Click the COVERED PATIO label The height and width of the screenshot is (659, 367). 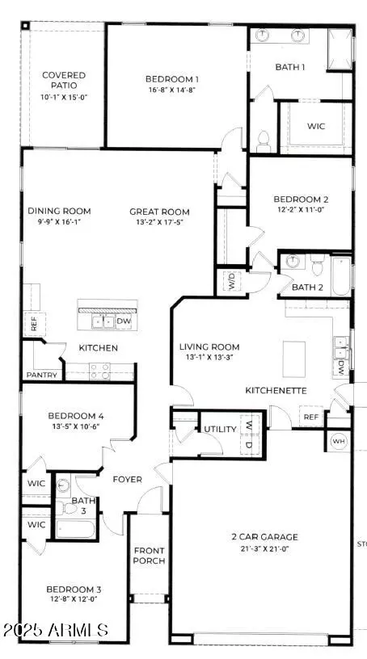click(x=64, y=81)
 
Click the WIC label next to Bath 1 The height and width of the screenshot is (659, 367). click(x=317, y=127)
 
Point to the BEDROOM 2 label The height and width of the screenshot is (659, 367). click(x=300, y=199)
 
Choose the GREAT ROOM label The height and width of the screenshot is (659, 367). click(x=160, y=212)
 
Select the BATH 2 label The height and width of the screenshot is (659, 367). click(x=307, y=287)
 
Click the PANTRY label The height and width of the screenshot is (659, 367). click(x=40, y=375)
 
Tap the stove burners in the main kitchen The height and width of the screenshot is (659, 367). click(x=99, y=371)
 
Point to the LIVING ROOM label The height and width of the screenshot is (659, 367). click(x=209, y=347)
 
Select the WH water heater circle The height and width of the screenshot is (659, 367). click(x=339, y=441)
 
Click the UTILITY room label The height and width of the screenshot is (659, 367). click(x=219, y=430)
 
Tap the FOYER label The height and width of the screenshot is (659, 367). click(x=127, y=480)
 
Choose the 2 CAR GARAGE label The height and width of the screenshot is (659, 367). click(x=262, y=536)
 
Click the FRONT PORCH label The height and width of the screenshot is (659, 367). click(x=150, y=556)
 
